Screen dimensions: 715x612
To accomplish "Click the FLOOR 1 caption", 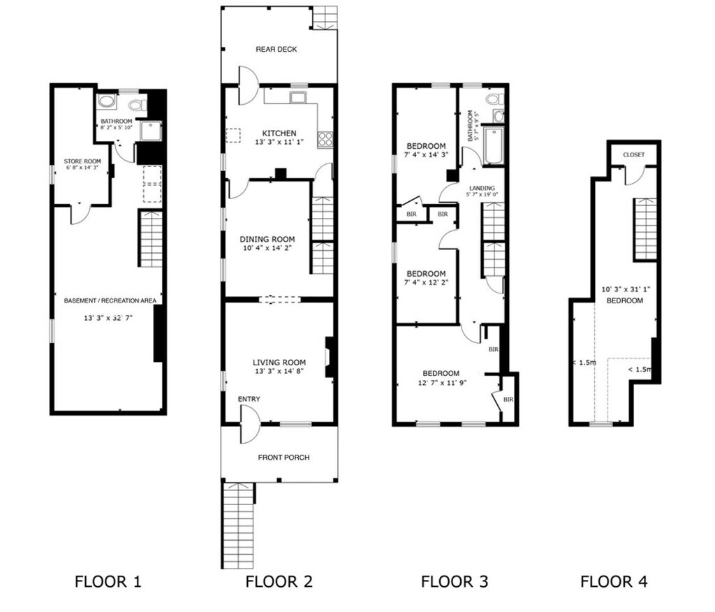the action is coord(108,581).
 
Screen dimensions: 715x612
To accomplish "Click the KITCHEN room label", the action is coord(279,133).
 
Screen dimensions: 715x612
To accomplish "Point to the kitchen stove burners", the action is coord(325,139).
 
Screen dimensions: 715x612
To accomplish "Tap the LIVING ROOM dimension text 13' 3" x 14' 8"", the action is coord(279,372).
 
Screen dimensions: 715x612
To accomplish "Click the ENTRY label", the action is coord(249,399).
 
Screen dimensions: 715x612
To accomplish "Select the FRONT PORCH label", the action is coord(283,458).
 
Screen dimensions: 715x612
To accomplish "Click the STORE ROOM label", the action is coord(82,161).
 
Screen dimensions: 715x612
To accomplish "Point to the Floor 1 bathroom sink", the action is coord(107,102).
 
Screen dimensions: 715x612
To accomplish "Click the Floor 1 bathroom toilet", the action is coord(138,105).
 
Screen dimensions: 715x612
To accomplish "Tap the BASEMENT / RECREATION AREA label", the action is coord(110,300).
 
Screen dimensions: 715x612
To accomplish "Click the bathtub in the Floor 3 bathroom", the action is coord(493,145).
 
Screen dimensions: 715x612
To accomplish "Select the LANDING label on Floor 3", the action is coord(482,188).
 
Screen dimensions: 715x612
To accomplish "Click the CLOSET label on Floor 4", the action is coord(633,154).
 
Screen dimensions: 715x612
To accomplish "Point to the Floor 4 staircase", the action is coord(645,228).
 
